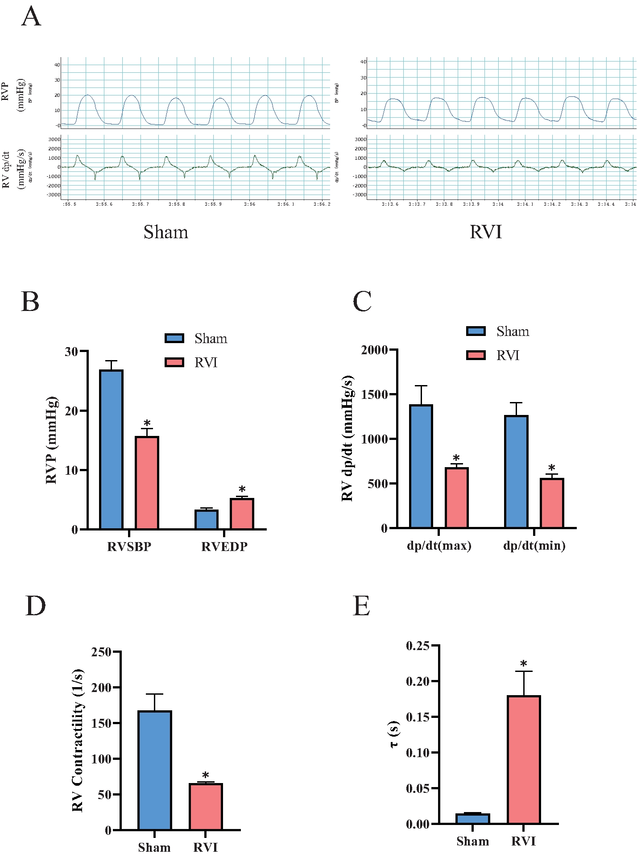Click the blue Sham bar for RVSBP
tap(111, 449)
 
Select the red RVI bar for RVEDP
tap(242, 514)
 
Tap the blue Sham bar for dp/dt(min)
tap(516, 472)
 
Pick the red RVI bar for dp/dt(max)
tap(456, 498)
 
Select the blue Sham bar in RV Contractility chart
tap(155, 771)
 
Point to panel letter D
tap(35, 606)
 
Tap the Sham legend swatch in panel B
tap(174, 338)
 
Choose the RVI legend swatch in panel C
tap(476, 355)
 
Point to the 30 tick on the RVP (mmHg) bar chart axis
tap(71, 352)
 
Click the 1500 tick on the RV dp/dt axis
tap(374, 394)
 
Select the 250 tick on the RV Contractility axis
tap(101, 652)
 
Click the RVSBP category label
tap(129, 547)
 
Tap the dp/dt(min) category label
tap(534, 546)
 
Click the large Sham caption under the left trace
tap(166, 232)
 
